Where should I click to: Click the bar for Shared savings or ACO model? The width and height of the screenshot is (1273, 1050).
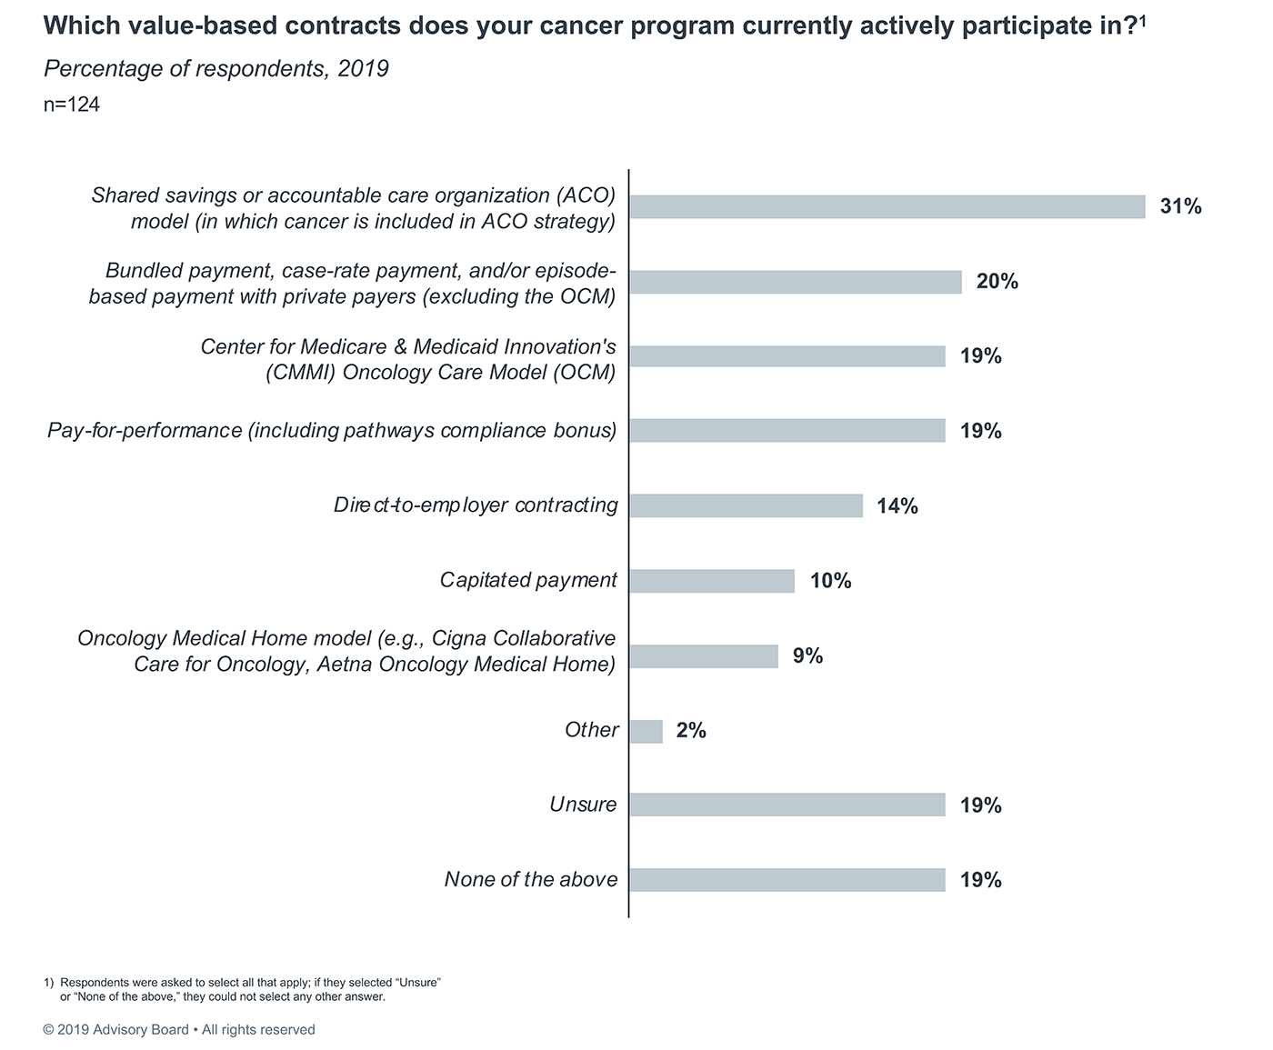[887, 206]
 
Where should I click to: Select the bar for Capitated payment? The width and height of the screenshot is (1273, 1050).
[712, 581]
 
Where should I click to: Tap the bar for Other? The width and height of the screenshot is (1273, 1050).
[646, 731]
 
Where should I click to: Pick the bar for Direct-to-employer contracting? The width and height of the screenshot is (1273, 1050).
[746, 505]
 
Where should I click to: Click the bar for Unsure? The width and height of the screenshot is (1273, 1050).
[787, 805]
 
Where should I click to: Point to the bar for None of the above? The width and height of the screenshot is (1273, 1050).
[787, 880]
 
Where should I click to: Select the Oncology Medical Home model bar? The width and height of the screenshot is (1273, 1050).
[704, 656]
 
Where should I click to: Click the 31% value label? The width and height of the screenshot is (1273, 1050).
[1180, 207]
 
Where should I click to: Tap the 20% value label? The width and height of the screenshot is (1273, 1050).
[997, 282]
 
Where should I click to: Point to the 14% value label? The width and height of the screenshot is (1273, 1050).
[897, 506]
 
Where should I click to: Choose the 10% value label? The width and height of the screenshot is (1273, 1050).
[830, 581]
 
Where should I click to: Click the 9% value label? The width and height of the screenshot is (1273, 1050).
[807, 655]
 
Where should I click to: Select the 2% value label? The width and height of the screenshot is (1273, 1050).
[691, 730]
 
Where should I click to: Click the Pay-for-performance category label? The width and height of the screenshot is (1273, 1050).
[332, 431]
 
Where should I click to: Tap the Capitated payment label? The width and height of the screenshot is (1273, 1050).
[528, 580]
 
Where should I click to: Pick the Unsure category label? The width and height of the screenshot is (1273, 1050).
[583, 805]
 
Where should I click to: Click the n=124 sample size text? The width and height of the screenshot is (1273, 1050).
[72, 105]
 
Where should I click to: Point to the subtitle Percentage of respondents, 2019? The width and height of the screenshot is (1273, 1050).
[216, 69]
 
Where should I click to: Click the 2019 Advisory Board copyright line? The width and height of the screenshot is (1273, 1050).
[179, 1030]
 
